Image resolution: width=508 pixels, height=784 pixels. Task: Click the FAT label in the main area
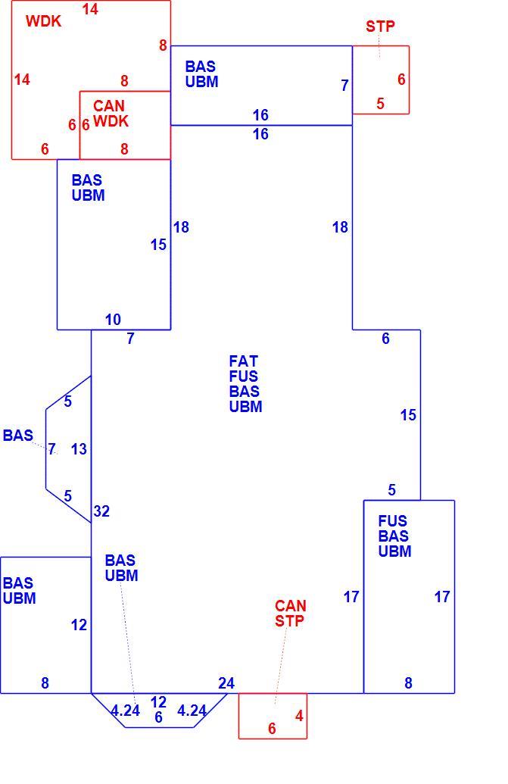coord(243,361)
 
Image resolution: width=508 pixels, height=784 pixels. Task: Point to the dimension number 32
coord(101,511)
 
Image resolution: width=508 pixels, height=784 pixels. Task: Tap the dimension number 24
coord(226,683)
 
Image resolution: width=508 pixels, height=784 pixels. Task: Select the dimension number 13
coord(79,449)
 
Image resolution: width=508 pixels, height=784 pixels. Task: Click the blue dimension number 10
coord(113,320)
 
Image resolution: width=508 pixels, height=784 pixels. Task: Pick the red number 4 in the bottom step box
coord(299,716)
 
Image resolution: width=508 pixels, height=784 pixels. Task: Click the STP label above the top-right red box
coord(380,26)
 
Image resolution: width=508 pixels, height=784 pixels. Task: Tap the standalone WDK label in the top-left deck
coord(43,21)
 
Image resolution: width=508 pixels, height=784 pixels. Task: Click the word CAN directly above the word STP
coord(290,606)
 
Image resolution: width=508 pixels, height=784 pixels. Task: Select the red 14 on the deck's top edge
coord(90,9)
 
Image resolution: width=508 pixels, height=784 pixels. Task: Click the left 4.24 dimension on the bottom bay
coord(126,711)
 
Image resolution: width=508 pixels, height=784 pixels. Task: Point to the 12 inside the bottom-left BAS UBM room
coord(79,624)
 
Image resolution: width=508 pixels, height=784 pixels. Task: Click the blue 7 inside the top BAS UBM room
coord(344,86)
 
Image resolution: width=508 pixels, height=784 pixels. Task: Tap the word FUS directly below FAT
coord(244,376)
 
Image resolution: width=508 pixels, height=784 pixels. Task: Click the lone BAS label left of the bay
coord(18,435)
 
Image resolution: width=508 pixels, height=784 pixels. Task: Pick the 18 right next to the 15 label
coord(181,227)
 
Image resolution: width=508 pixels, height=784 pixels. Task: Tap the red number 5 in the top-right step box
coord(380,104)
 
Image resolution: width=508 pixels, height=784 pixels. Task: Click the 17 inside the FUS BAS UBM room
coord(442,596)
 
